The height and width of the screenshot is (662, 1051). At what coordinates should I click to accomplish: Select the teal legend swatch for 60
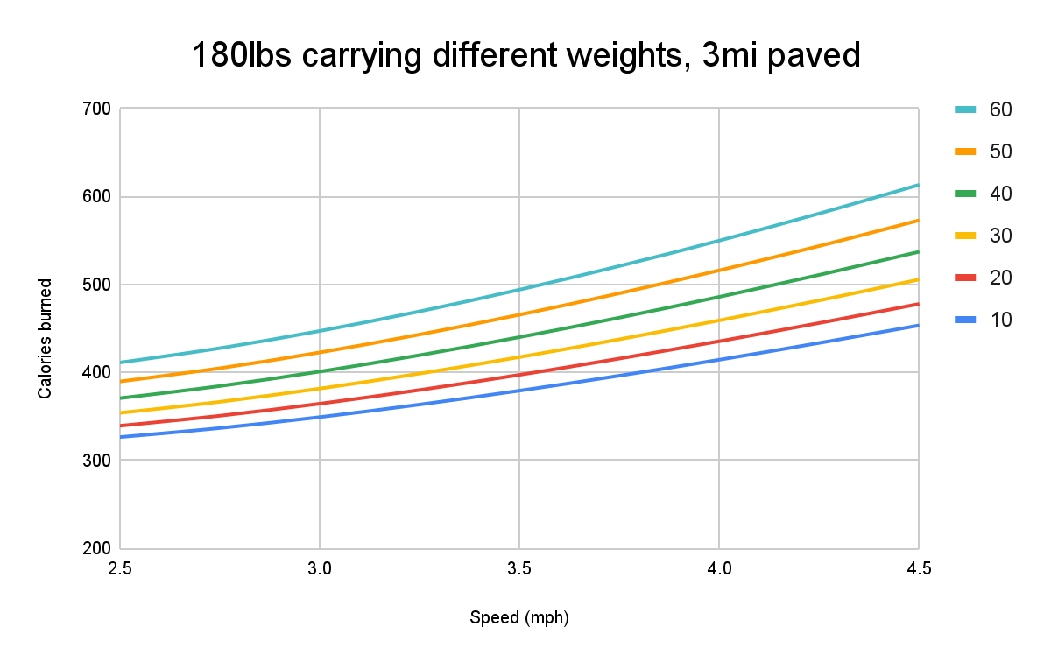tap(966, 109)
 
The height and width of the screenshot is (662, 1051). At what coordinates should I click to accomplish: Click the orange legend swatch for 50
tap(966, 151)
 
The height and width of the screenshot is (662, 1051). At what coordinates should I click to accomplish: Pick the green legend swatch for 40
tap(966, 194)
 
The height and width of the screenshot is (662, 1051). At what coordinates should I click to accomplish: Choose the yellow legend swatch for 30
tap(966, 236)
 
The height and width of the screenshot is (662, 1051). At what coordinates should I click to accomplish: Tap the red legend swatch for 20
tap(966, 278)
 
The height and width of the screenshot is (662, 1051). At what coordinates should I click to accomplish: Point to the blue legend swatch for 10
tap(966, 320)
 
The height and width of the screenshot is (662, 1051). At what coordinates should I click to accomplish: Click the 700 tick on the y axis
tap(95, 109)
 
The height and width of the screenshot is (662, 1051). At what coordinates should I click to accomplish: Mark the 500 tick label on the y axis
tap(95, 285)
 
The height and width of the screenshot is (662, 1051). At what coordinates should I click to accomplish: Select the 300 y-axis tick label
tap(95, 461)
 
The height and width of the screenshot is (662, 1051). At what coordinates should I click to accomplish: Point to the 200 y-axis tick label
tap(95, 549)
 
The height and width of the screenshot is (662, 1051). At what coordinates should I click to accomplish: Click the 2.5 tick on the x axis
tap(120, 569)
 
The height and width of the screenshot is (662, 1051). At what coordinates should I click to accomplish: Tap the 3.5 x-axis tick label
tap(519, 569)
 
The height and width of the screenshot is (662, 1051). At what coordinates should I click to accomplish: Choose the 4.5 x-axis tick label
tap(918, 569)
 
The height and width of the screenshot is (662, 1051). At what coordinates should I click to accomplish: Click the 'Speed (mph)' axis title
tap(519, 617)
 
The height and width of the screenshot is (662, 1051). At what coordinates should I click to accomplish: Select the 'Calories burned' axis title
tap(45, 339)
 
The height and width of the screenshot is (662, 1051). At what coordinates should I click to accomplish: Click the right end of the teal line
tap(918, 185)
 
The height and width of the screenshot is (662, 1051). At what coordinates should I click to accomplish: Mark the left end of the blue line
tap(121, 436)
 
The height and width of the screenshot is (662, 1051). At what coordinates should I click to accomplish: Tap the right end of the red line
tap(918, 304)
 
